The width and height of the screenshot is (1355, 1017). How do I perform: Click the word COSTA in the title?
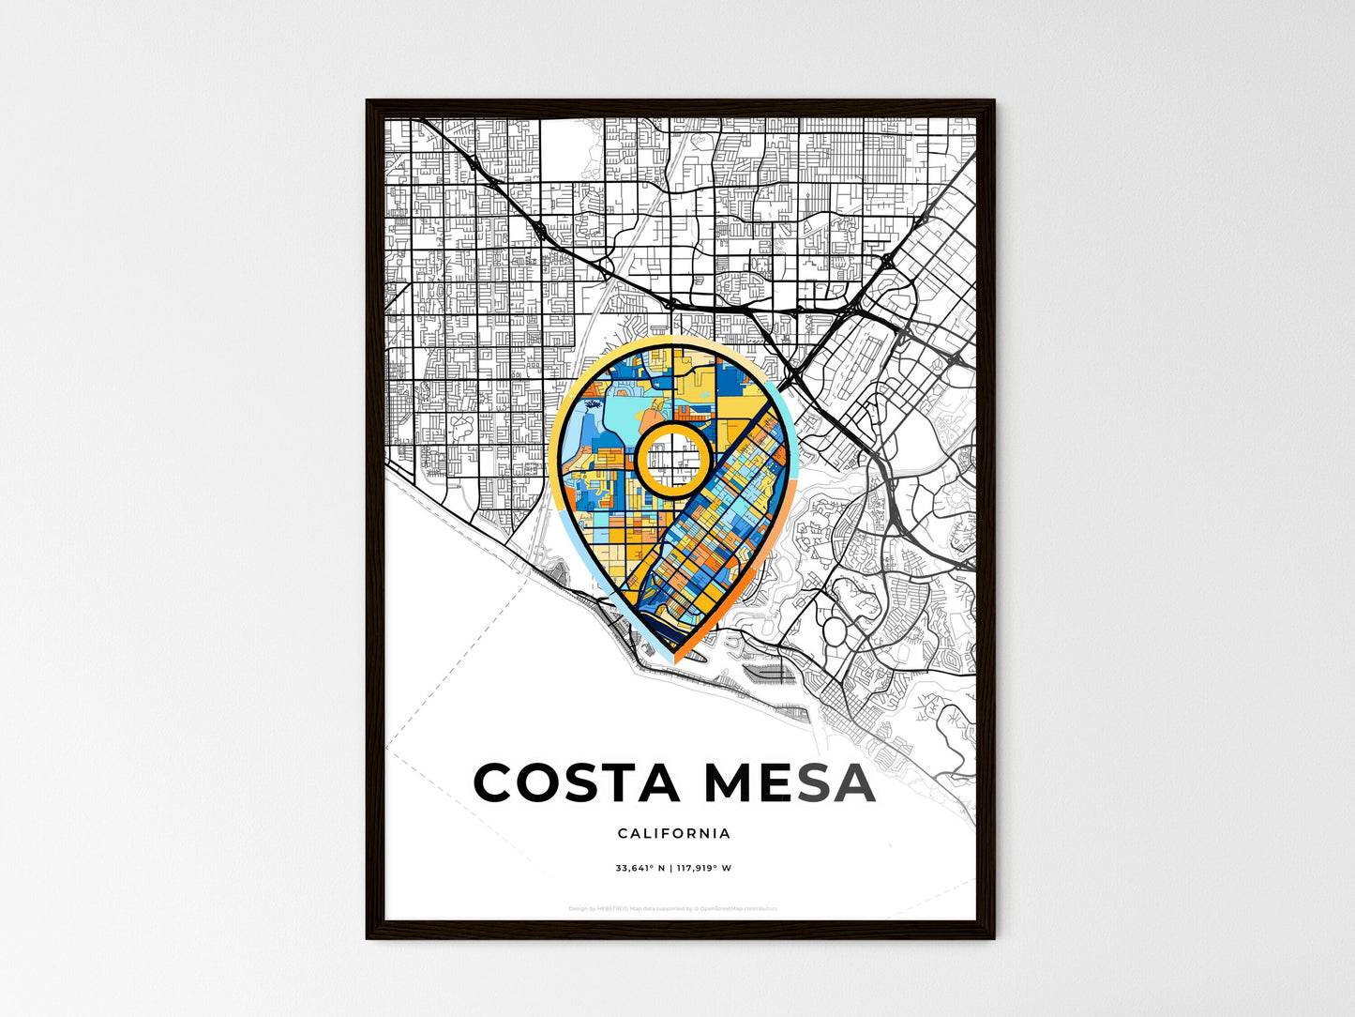pyautogui.click(x=577, y=783)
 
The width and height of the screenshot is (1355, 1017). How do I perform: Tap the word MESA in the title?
pyautogui.click(x=790, y=783)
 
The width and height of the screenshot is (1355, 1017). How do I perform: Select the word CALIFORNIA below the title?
pyautogui.click(x=674, y=833)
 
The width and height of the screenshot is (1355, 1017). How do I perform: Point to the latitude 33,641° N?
pyautogui.click(x=640, y=868)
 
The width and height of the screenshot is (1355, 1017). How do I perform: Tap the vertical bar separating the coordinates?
pyautogui.click(x=671, y=868)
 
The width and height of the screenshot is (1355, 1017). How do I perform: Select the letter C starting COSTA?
pyautogui.click(x=497, y=783)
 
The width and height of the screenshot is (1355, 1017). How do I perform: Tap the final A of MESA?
pyautogui.click(x=853, y=783)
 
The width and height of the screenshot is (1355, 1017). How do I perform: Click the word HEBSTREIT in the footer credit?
pyautogui.click(x=612, y=908)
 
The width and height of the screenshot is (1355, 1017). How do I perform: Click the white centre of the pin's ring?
pyautogui.click(x=671, y=460)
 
